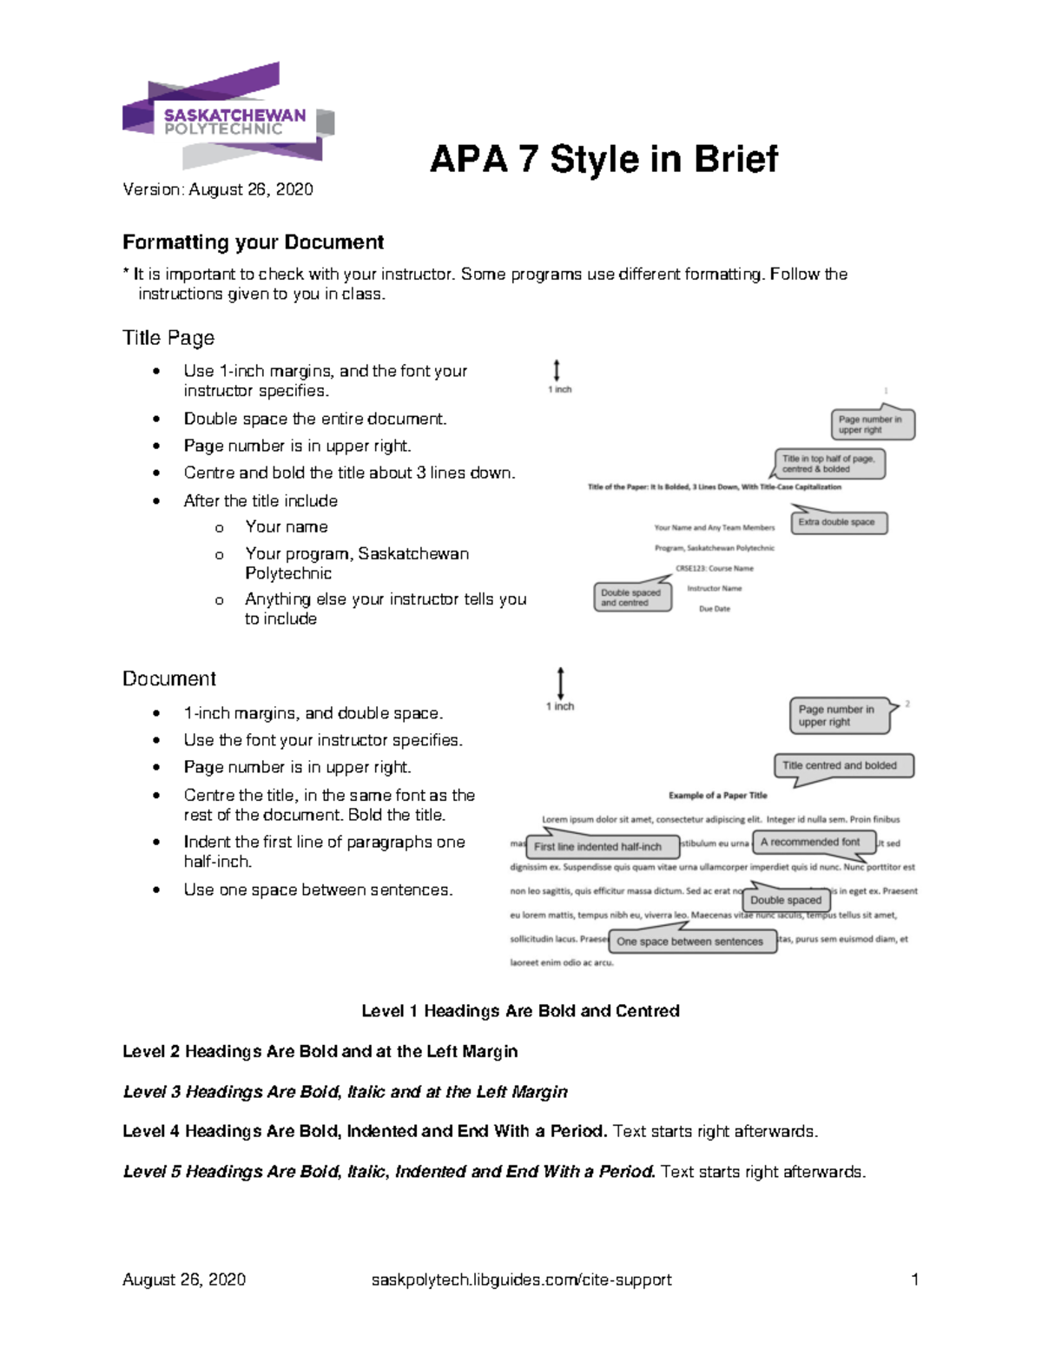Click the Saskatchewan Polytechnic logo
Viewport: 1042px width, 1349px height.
pos(228,117)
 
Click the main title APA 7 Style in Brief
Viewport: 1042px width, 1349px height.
pos(603,159)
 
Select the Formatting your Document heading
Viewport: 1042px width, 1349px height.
pos(253,242)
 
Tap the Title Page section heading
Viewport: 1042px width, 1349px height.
pos(168,338)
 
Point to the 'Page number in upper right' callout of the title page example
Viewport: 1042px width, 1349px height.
pos(871,425)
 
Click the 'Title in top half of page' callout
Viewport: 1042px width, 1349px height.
pos(829,464)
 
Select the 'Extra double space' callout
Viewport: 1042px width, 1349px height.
pos(838,522)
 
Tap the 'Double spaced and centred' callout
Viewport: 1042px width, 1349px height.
pos(631,598)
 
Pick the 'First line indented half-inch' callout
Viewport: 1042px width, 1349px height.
pos(598,846)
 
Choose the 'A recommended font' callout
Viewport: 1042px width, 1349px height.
pos(811,842)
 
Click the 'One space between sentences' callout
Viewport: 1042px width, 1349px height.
pos(690,942)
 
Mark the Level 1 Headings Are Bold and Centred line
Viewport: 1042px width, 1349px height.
pos(520,1011)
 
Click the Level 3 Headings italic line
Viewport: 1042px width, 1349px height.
pos(345,1092)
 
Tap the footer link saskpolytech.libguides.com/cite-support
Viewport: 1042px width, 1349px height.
pos(521,1280)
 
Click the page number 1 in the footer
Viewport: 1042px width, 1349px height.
pos(914,1280)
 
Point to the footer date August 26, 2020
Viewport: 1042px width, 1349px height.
pos(184,1280)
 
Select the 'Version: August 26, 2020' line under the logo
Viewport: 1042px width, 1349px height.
pos(218,189)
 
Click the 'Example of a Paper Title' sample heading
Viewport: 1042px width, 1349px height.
pos(717,795)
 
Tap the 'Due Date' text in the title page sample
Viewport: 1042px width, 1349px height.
pos(715,609)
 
